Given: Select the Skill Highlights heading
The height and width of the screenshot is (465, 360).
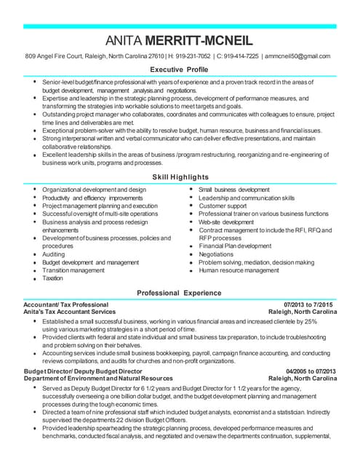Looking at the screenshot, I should coord(180,177).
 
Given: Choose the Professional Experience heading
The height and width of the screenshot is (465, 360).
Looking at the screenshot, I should coord(180,292).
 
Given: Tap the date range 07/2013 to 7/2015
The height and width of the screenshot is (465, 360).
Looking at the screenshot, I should coord(309,304).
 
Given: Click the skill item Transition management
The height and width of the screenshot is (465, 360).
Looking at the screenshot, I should coord(73,270).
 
